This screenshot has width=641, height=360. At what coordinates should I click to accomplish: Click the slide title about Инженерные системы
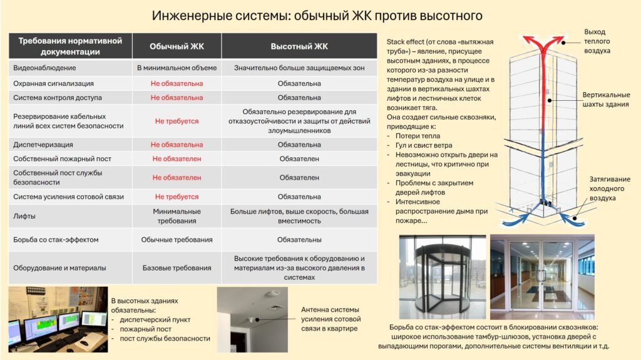click(318, 14)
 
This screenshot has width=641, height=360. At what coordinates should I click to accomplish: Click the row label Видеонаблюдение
click(44, 68)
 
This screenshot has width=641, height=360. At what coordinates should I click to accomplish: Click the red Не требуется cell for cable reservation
click(177, 121)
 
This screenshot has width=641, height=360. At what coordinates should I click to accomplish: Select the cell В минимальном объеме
click(177, 68)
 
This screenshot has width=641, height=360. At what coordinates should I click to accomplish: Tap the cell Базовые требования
click(177, 268)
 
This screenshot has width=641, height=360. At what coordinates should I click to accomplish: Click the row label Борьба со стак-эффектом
click(56, 240)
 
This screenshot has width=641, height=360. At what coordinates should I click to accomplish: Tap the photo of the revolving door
click(442, 275)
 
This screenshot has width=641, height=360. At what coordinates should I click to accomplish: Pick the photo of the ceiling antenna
click(252, 316)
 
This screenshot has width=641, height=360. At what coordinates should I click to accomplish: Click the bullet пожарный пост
click(146, 329)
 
